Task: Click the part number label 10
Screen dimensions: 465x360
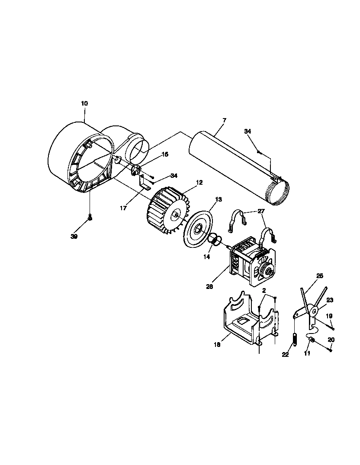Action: [x=84, y=103]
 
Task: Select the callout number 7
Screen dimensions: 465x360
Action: [x=224, y=119]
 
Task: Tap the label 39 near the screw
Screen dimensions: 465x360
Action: [x=74, y=236]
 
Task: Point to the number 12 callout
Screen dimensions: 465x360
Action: [x=199, y=183]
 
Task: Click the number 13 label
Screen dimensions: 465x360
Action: [x=218, y=199]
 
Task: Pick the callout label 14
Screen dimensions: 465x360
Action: [x=207, y=257]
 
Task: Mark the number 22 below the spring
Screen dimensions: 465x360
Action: [x=285, y=355]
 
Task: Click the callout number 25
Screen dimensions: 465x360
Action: [x=320, y=276]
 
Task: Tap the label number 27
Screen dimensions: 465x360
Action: [x=260, y=211]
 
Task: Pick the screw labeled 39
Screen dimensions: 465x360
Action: [x=90, y=218]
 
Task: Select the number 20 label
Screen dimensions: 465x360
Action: [x=331, y=340]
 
